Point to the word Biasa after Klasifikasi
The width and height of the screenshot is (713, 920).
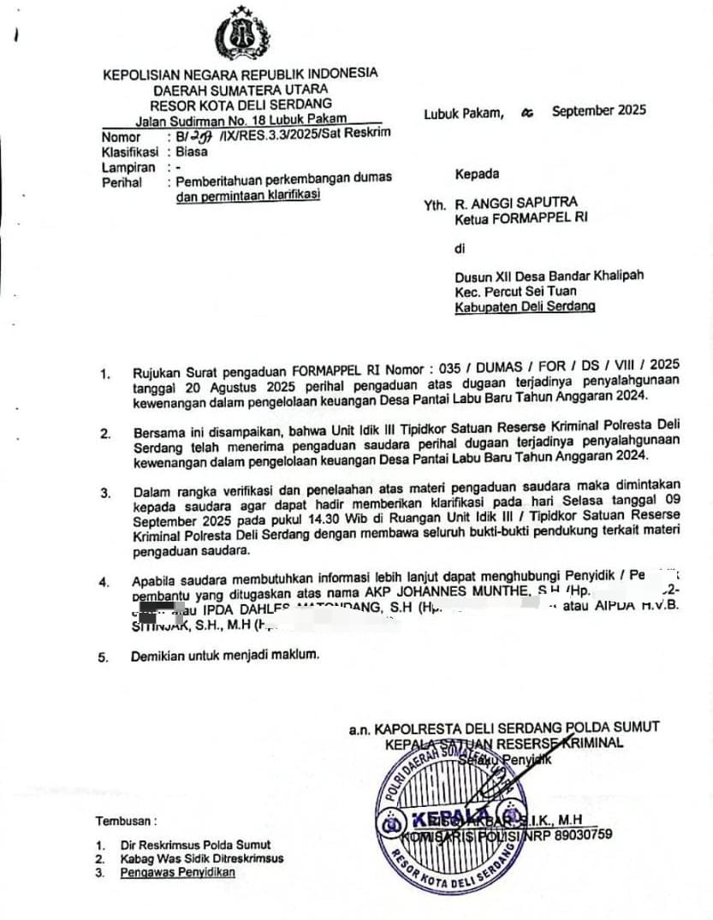(192, 151)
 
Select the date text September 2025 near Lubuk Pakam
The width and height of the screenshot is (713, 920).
(599, 110)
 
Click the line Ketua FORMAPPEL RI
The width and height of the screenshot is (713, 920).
(521, 219)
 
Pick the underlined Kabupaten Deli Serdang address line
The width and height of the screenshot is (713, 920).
(525, 306)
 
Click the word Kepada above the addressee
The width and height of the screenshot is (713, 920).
(477, 174)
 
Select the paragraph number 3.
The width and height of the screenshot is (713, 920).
(104, 493)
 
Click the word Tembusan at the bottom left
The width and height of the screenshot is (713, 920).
(126, 821)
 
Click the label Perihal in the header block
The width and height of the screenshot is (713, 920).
(121, 182)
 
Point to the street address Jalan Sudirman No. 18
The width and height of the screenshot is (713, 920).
(223, 120)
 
